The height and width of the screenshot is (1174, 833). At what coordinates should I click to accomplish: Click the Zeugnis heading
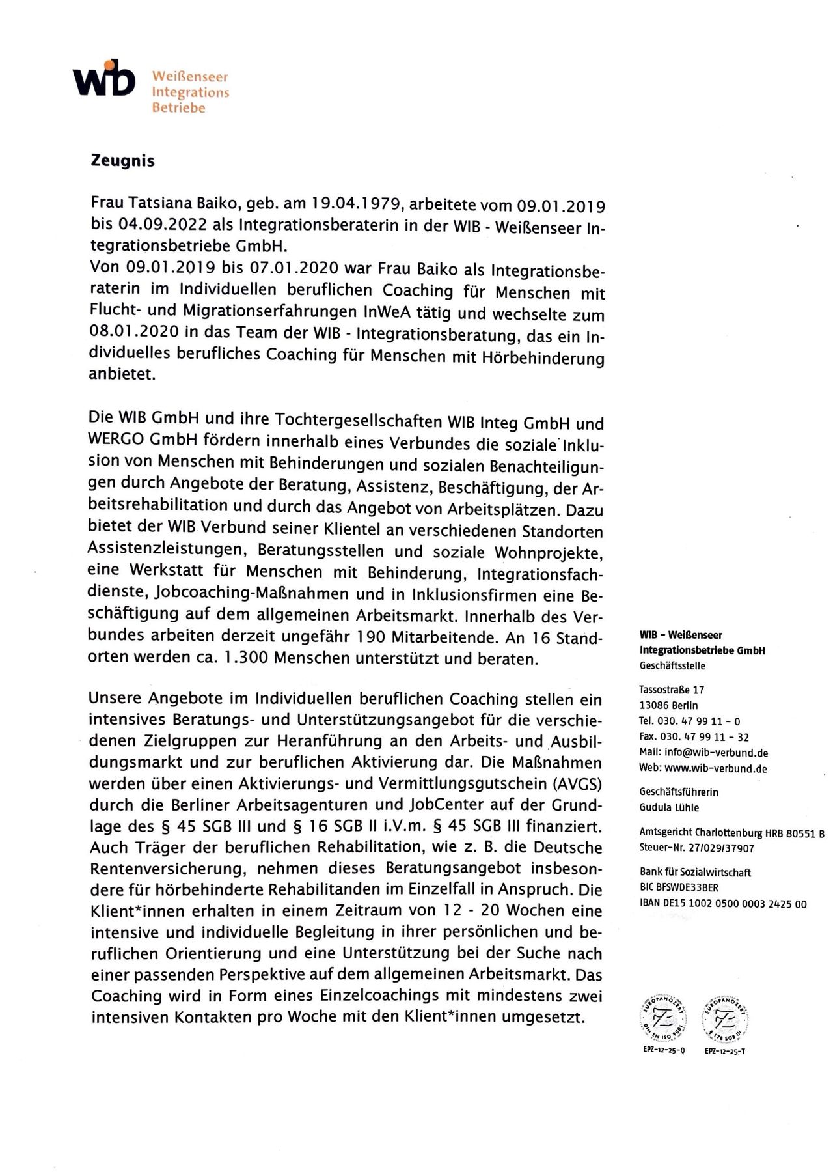[x=122, y=161]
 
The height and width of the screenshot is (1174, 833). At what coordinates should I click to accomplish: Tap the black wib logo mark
[x=104, y=77]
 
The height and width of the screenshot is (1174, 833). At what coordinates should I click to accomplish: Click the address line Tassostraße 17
[x=672, y=690]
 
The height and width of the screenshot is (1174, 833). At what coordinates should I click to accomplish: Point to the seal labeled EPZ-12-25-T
[x=724, y=1022]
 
